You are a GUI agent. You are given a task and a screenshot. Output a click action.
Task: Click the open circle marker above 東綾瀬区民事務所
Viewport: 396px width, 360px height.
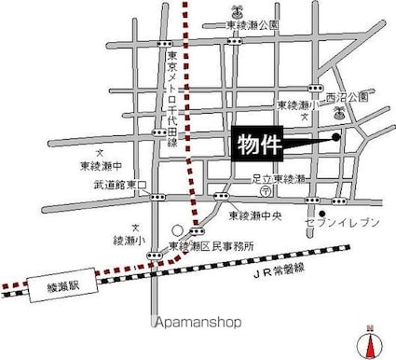(176, 228)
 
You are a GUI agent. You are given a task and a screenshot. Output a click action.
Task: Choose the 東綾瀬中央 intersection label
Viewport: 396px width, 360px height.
(255, 215)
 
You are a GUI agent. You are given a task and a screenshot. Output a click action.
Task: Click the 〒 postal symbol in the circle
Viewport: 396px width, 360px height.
(266, 190)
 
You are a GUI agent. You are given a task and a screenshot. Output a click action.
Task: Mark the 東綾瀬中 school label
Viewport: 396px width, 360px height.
(99, 164)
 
